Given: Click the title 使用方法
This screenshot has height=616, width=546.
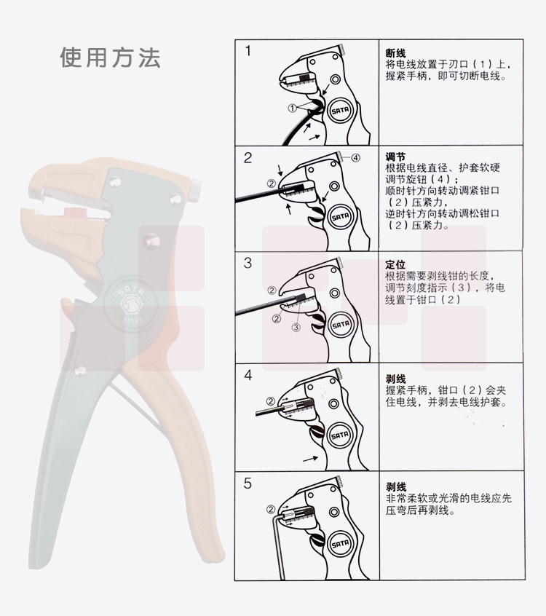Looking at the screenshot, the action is (x=110, y=58).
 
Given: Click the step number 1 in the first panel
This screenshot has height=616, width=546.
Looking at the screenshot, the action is (x=248, y=51).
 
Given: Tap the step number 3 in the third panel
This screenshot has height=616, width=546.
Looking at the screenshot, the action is (x=248, y=263).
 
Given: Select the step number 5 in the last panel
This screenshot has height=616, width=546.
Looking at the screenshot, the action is (x=248, y=483).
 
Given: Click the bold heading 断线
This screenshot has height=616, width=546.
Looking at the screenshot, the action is (x=395, y=53).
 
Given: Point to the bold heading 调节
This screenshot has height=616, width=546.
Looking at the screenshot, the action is (x=395, y=157).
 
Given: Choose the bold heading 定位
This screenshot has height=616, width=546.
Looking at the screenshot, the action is (x=395, y=264).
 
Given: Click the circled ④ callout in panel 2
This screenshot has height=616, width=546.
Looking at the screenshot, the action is (x=355, y=158).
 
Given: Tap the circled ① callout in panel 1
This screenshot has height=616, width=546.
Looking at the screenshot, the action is (x=292, y=108).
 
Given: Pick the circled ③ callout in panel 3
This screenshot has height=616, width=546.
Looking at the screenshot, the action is (x=296, y=327).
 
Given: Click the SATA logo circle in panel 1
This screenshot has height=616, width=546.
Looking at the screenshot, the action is (x=340, y=111).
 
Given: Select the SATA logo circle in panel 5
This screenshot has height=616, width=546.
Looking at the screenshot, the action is (x=340, y=544).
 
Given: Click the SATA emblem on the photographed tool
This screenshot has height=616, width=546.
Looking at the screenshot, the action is (x=131, y=304).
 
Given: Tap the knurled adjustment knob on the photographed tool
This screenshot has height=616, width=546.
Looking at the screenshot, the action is (x=196, y=190).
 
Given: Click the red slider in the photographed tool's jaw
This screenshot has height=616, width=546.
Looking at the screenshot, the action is (x=74, y=213).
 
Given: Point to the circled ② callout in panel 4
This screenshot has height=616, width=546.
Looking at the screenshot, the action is (x=271, y=401).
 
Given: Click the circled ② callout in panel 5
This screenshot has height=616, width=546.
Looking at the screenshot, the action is (x=271, y=510).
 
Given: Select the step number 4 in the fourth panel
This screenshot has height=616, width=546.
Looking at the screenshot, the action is (x=248, y=375).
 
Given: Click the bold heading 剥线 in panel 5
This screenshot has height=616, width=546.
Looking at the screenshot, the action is (x=395, y=487).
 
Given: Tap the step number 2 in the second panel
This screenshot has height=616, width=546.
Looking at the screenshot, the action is (x=248, y=157).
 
